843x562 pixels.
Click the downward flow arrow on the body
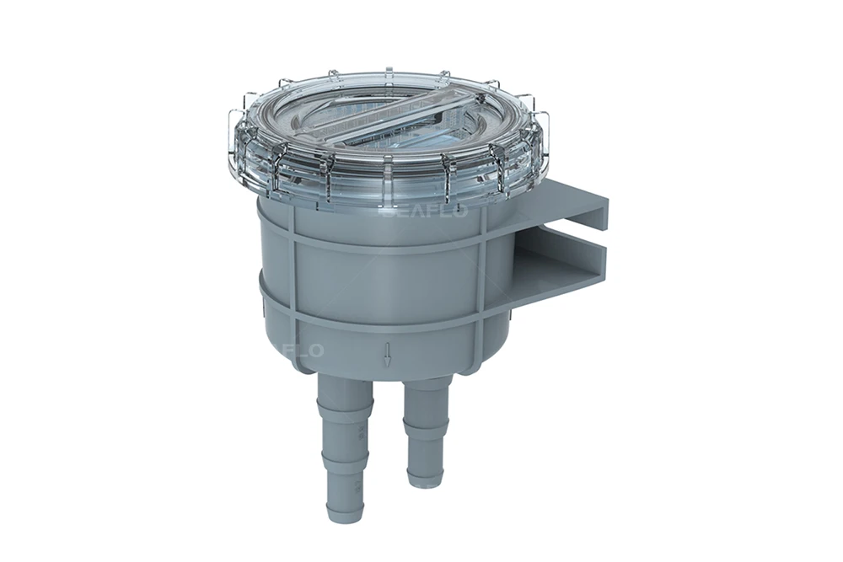point(387,355)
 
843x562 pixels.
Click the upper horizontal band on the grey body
point(379,244)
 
